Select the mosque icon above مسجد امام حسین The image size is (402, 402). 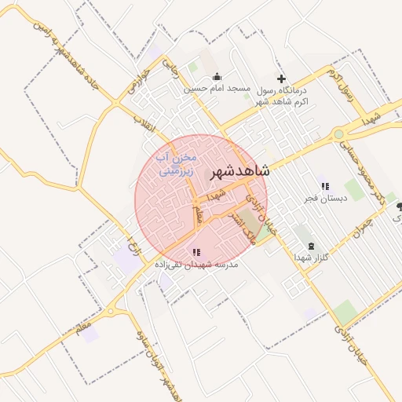[217, 77]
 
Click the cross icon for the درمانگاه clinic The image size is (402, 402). [282, 79]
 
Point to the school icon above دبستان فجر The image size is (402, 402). [324, 186]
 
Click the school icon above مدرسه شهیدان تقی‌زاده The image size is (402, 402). [196, 253]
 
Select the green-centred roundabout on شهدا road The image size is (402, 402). [338, 134]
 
